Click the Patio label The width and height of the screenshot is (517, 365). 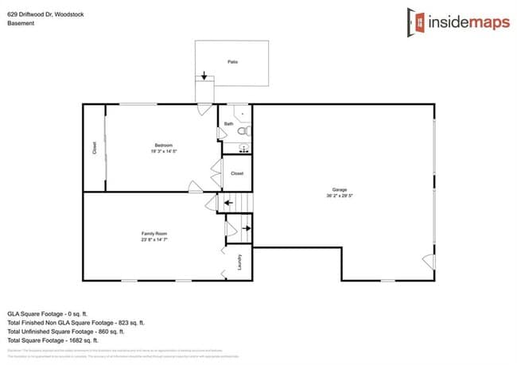click(x=232, y=61)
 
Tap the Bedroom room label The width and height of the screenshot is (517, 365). click(x=163, y=145)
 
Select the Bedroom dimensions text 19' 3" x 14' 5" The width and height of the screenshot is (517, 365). click(x=163, y=151)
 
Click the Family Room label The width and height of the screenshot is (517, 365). click(x=154, y=233)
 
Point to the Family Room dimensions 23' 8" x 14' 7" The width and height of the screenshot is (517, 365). click(x=154, y=239)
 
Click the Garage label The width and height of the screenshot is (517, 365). click(x=340, y=189)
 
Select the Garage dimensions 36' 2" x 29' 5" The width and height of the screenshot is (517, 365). click(x=340, y=196)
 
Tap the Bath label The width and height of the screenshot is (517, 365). click(x=229, y=124)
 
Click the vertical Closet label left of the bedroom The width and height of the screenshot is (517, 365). click(x=95, y=147)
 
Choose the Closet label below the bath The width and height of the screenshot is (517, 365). click(x=237, y=173)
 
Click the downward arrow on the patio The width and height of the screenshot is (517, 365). click(x=204, y=76)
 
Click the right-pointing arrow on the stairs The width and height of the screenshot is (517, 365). click(x=246, y=229)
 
